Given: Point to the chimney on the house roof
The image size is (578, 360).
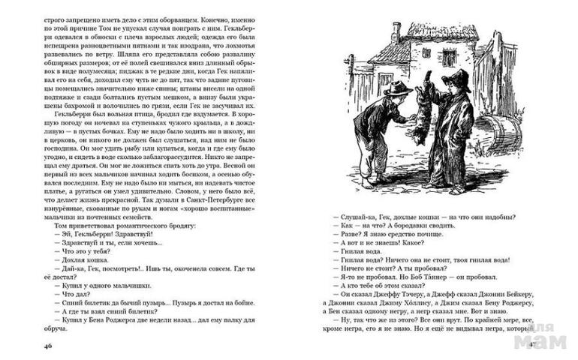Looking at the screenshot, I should point(396,33).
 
